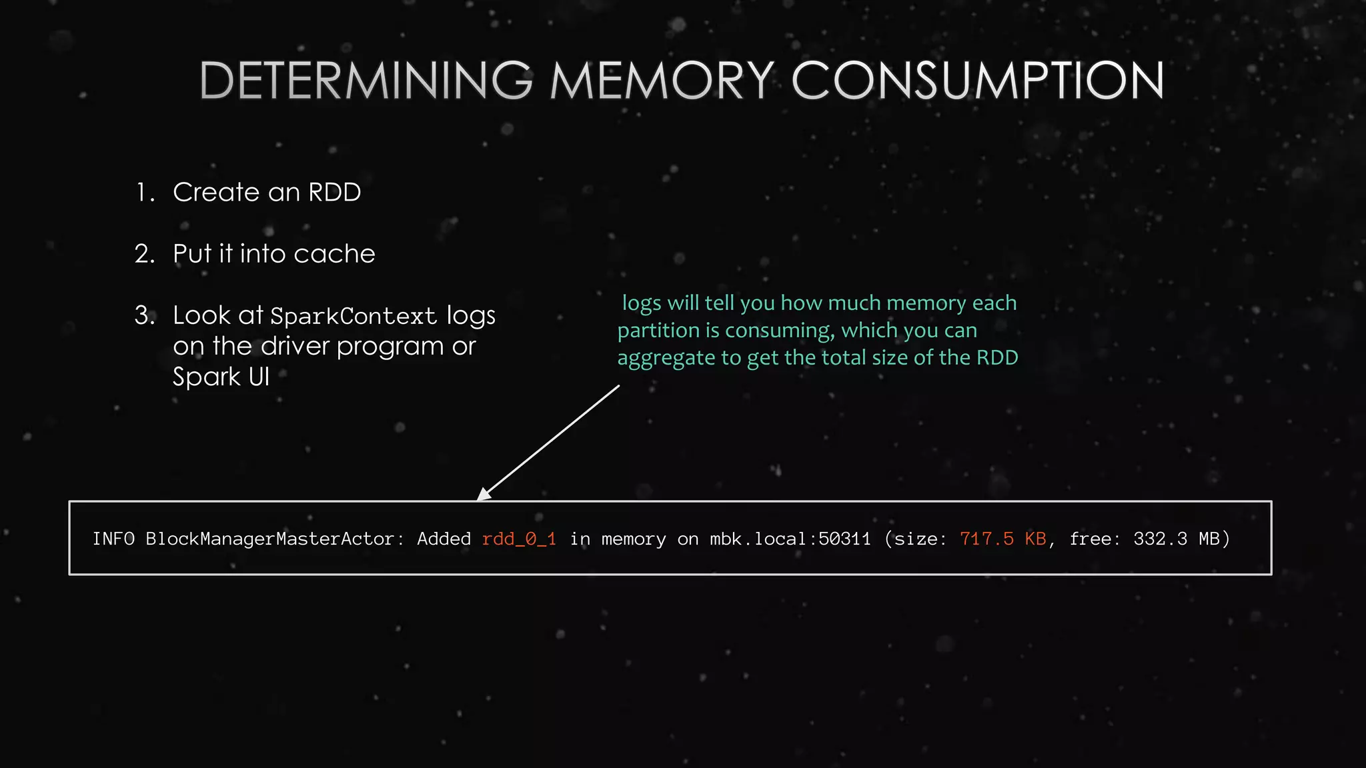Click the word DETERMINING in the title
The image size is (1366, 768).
coord(366,81)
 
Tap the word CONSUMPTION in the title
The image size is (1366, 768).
coord(978,81)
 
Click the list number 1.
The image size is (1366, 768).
coord(143,193)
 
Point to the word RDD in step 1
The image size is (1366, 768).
coord(334,193)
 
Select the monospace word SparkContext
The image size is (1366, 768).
coord(353,316)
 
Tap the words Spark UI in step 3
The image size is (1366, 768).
coord(221,377)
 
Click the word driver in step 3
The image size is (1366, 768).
coord(295,347)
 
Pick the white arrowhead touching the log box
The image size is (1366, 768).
coord(483,494)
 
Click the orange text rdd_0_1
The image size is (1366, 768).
coord(519,539)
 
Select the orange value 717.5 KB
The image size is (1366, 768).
coord(1002,539)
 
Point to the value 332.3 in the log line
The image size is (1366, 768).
coord(1160,539)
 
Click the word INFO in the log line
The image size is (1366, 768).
coord(113,539)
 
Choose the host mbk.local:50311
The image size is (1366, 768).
coord(790,539)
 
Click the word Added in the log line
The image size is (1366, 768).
coord(444,539)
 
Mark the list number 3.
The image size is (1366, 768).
coord(143,315)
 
